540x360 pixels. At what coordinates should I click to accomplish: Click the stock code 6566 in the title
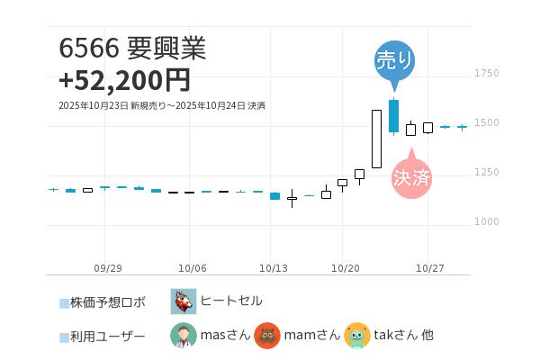(x=84, y=49)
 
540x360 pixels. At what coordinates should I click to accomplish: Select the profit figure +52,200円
(x=124, y=80)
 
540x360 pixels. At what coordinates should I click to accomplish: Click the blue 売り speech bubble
(x=394, y=61)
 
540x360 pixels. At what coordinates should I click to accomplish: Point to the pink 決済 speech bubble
(x=411, y=177)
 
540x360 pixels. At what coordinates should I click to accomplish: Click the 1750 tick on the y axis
(x=486, y=73)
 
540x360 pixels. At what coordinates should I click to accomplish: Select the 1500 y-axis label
(x=486, y=122)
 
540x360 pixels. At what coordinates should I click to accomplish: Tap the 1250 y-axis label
(x=486, y=172)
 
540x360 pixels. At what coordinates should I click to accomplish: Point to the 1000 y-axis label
(x=486, y=221)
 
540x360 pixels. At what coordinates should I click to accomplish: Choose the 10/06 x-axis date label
(x=193, y=268)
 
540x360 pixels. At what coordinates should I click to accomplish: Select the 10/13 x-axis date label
(x=273, y=268)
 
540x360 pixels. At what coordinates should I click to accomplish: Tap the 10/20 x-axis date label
(x=346, y=268)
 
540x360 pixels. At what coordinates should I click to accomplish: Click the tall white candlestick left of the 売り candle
(x=376, y=139)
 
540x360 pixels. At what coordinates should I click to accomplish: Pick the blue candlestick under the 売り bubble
(x=393, y=116)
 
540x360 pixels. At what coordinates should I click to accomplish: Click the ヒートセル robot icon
(x=184, y=301)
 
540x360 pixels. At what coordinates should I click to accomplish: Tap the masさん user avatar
(x=184, y=335)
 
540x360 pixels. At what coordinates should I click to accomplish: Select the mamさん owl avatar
(x=267, y=335)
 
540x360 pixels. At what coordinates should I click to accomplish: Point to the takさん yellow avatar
(x=356, y=335)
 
